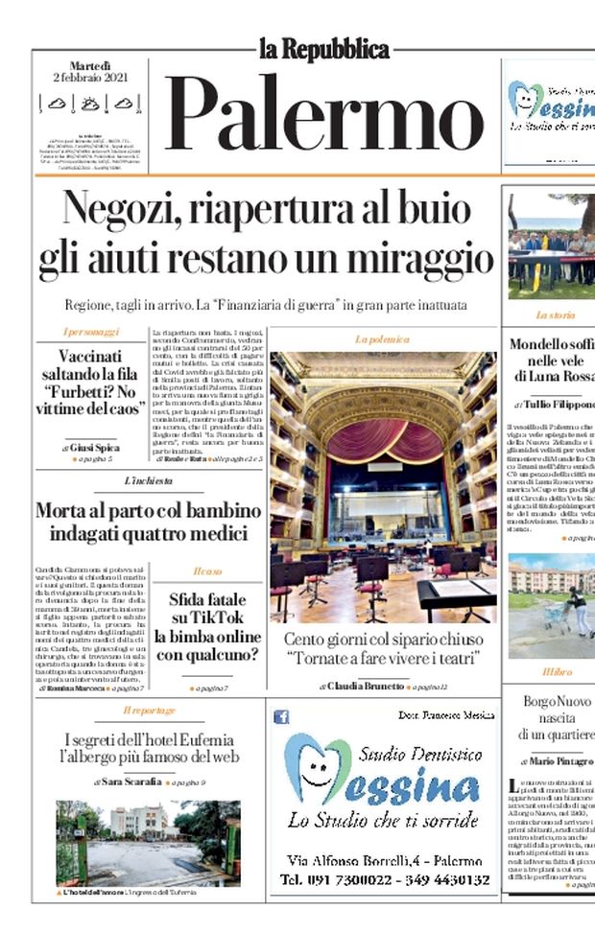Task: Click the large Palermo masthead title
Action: point(324,112)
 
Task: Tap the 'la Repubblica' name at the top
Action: point(324,48)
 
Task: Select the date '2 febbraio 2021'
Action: point(90,77)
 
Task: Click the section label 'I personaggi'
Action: point(91,332)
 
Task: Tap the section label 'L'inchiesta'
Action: point(148,480)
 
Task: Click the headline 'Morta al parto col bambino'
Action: point(148,510)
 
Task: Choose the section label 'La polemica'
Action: point(382,339)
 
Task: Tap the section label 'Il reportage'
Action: point(148,711)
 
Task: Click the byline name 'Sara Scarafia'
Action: point(136,782)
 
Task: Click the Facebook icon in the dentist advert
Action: point(282,716)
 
